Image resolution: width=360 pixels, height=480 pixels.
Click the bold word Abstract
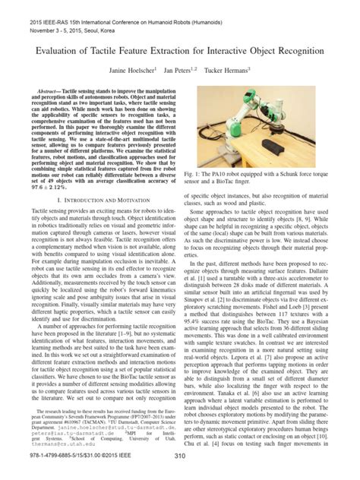coord(41,90)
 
